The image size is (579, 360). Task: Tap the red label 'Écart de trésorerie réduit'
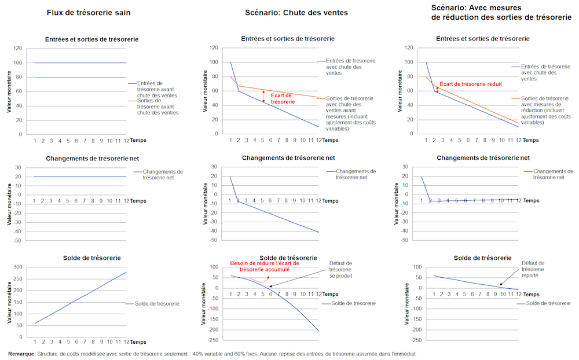[x=470, y=84]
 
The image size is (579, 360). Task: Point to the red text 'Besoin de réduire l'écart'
[x=264, y=263]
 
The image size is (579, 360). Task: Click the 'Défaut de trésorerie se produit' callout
[x=340, y=269]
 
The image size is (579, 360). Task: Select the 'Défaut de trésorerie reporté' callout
[x=533, y=269]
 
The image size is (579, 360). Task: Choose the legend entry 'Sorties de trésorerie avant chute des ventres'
[x=157, y=106]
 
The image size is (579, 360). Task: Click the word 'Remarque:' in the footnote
[x=21, y=354]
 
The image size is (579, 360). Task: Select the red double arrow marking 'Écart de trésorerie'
[x=264, y=97]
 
